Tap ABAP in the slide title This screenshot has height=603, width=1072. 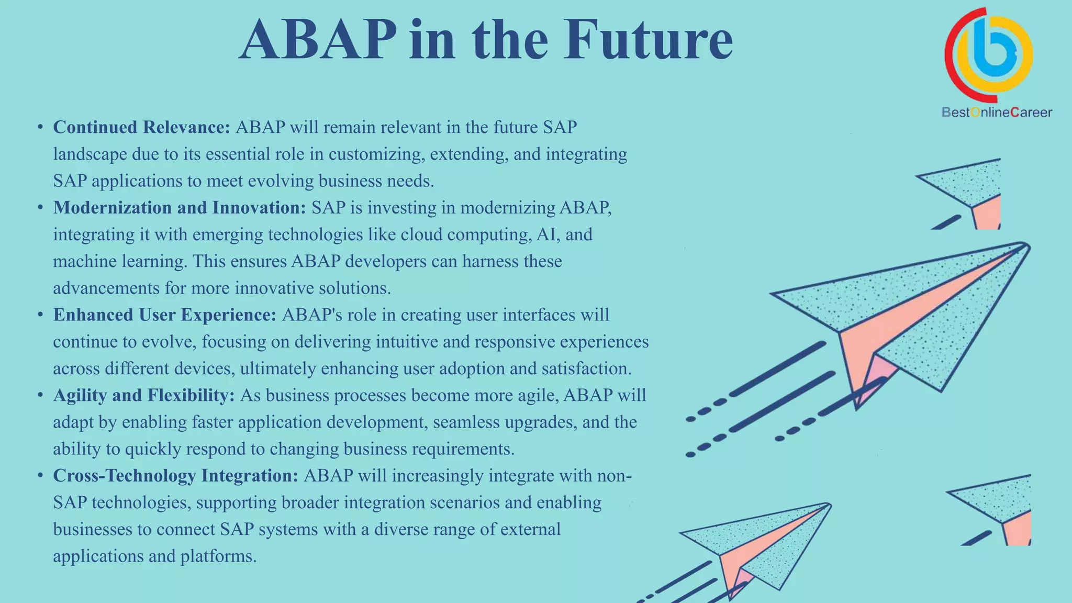pyautogui.click(x=318, y=41)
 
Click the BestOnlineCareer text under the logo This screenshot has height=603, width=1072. pyautogui.click(x=996, y=113)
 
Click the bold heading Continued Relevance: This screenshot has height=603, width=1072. pyautogui.click(x=141, y=127)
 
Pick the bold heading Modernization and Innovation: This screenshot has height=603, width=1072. pyautogui.click(x=179, y=208)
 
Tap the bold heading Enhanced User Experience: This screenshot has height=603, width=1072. pyautogui.click(x=164, y=315)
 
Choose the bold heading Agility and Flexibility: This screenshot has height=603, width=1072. pyautogui.click(x=143, y=395)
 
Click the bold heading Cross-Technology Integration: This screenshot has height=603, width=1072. pyautogui.click(x=175, y=476)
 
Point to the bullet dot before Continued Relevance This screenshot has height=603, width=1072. pyautogui.click(x=40, y=127)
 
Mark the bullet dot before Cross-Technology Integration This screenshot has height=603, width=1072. pyautogui.click(x=40, y=476)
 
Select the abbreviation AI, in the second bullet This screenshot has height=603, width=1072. pyautogui.click(x=548, y=234)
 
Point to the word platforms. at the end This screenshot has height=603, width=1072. pyautogui.click(x=218, y=556)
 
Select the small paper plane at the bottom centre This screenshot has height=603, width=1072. pyautogui.click(x=759, y=544)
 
